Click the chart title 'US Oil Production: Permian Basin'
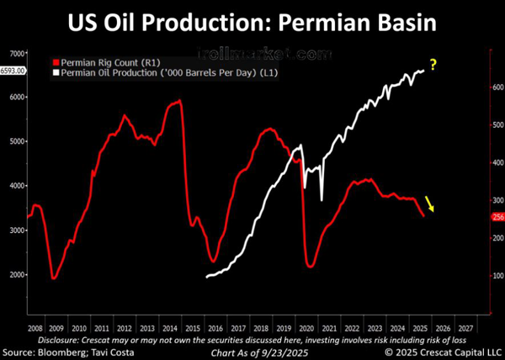252,21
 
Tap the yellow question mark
433,64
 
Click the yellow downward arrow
430,204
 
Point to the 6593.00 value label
13,71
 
